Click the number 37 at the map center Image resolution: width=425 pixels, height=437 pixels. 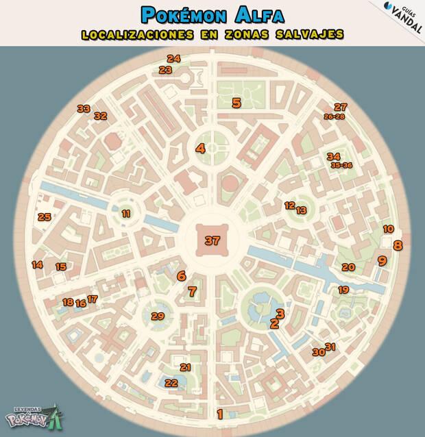212,240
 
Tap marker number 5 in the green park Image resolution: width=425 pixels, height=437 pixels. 236,103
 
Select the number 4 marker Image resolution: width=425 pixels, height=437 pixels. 200,148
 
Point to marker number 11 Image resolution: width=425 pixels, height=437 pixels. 126,214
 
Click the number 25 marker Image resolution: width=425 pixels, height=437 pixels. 45,217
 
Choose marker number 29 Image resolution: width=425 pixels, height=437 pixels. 158,316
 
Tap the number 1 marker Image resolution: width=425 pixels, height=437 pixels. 220,413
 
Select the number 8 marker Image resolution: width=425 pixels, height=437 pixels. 398,245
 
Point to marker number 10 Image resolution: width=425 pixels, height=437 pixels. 388,229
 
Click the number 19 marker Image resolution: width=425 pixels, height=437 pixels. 343,290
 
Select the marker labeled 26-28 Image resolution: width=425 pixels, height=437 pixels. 334,117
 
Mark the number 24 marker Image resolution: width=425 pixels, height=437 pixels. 173,59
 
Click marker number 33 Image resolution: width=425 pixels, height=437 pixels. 84,108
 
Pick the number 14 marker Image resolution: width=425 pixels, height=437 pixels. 38,264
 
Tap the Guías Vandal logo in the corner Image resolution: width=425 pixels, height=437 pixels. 402,13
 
